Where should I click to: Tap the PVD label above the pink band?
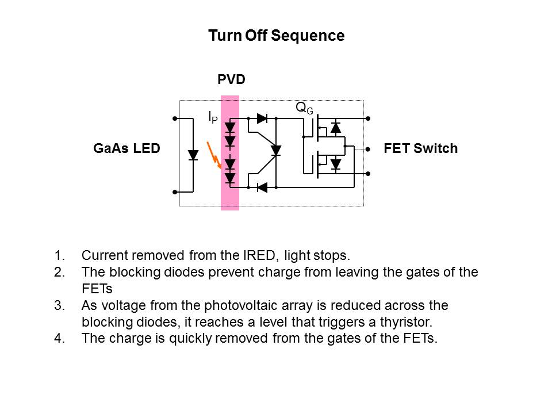231,79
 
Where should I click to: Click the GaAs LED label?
126,148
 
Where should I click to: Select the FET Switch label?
420,148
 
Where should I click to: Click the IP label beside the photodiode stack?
213,117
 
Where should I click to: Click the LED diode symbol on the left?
193,155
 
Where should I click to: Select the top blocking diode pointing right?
262,118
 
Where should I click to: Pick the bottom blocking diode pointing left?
262,187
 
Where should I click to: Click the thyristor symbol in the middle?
275,151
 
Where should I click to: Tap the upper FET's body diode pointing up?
336,128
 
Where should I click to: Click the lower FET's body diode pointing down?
336,164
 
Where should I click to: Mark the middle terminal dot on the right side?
368,148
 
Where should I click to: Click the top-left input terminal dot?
175,118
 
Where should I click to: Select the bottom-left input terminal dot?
175,192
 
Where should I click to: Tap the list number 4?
59,338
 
